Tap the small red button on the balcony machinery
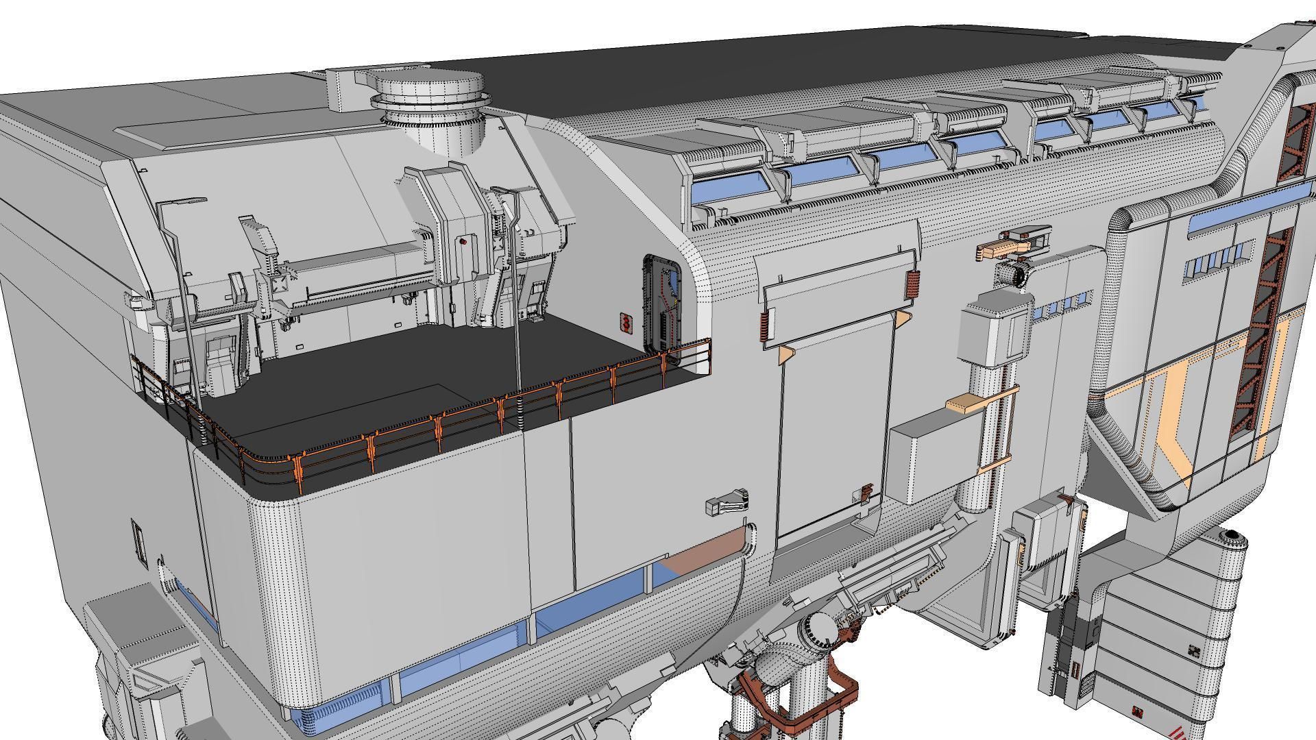coord(463,241)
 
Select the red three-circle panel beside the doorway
coord(625,322)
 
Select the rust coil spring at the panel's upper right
coord(912,284)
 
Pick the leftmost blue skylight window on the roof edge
coord(729,186)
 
